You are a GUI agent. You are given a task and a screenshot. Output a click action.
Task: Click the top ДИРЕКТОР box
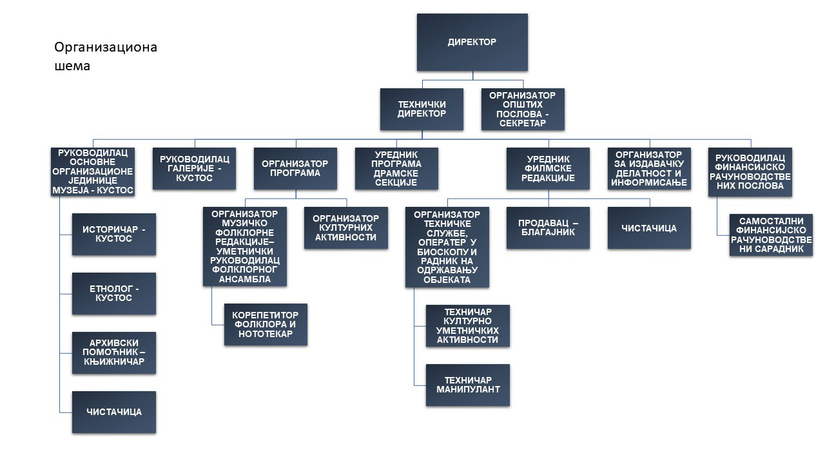click(472, 42)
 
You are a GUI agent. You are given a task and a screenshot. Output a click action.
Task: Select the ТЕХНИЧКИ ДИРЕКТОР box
click(422, 109)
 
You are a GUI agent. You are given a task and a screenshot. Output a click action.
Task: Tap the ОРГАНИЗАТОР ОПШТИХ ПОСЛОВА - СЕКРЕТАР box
click(523, 109)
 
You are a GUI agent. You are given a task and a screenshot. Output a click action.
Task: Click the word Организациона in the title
click(106, 47)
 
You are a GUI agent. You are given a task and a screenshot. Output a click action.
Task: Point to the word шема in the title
click(72, 66)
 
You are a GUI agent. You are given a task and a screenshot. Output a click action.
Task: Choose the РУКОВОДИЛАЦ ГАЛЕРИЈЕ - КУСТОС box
click(194, 168)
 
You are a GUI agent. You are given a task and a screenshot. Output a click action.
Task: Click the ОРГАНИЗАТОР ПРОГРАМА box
click(295, 168)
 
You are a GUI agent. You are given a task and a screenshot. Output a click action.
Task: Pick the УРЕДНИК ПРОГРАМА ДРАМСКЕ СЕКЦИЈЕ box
click(396, 168)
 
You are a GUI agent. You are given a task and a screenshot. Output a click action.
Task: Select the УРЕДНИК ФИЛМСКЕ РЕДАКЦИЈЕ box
click(548, 168)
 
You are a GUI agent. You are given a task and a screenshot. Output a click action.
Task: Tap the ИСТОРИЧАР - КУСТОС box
click(113, 234)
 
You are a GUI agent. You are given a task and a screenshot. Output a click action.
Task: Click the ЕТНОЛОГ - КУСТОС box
click(113, 293)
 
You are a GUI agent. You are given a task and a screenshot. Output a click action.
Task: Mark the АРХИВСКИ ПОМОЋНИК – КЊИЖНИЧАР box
click(113, 353)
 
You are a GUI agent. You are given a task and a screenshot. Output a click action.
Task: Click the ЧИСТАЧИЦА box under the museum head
click(113, 412)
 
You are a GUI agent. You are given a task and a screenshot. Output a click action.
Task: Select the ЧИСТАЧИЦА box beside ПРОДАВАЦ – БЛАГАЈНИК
click(649, 227)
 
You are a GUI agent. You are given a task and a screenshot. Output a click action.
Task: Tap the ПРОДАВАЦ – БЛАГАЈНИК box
click(548, 227)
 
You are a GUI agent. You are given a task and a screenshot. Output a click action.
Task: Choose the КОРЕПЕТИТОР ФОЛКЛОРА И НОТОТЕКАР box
click(266, 324)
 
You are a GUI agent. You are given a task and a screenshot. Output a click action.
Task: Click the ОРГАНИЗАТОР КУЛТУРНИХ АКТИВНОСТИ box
click(346, 227)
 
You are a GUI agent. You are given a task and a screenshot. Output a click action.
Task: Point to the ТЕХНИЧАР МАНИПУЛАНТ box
click(467, 385)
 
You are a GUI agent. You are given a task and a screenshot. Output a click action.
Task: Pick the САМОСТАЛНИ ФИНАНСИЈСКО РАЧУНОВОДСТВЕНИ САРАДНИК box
click(771, 235)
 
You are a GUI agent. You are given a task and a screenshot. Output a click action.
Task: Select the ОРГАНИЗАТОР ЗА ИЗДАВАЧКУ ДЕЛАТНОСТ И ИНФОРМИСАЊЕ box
click(649, 168)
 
